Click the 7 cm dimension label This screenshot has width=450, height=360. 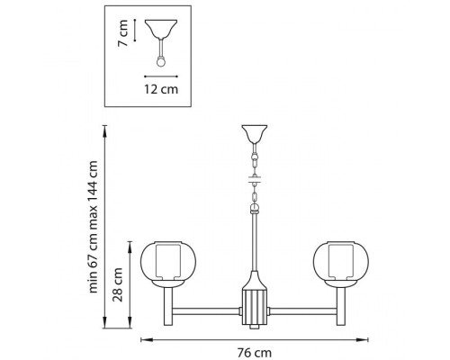[123, 33]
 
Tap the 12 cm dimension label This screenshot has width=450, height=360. [161, 89]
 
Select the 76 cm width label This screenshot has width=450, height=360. [255, 353]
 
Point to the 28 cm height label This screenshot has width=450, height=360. [118, 284]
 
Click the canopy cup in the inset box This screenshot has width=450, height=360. [161, 29]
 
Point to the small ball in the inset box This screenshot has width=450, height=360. [161, 62]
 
